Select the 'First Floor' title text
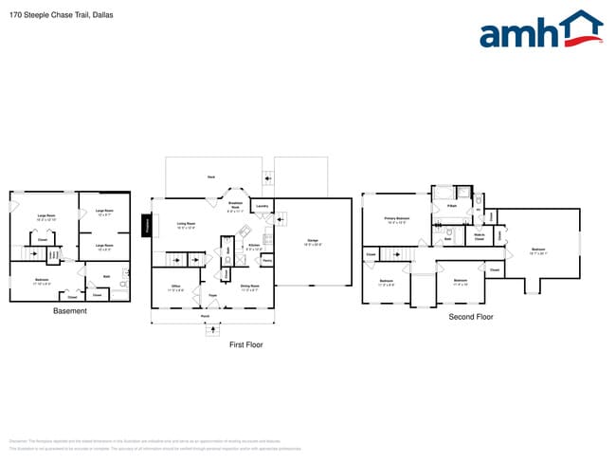pos(245,344)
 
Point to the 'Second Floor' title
pos(471,316)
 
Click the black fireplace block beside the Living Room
pos(147,225)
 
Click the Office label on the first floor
pos(175,286)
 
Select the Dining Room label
pos(250,286)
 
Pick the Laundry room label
pos(263,206)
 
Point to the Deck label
pos(210,177)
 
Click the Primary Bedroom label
pos(396,219)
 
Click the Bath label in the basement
pos(107,276)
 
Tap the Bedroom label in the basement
pos(42,280)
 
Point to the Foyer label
pos(213,295)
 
